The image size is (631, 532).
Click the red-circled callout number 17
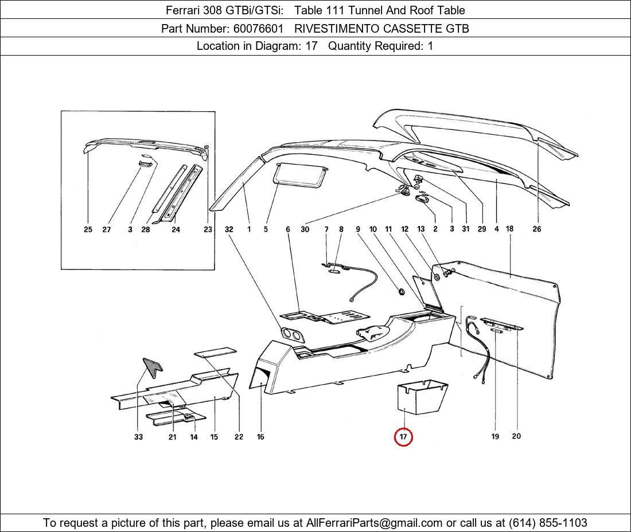tap(403, 437)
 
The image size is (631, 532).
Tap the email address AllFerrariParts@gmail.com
tap(375, 523)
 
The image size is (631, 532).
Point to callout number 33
tap(138, 437)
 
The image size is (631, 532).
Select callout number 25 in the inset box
tap(88, 229)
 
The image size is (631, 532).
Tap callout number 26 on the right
tap(536, 229)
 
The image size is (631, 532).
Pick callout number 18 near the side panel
tap(509, 229)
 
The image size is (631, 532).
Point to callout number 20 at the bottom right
tap(516, 436)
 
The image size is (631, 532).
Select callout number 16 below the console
tap(260, 437)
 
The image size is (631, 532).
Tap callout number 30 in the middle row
tap(305, 229)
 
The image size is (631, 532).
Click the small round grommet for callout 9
tap(401, 292)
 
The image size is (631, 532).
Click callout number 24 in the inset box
tap(176, 229)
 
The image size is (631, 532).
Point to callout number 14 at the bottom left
tap(194, 437)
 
